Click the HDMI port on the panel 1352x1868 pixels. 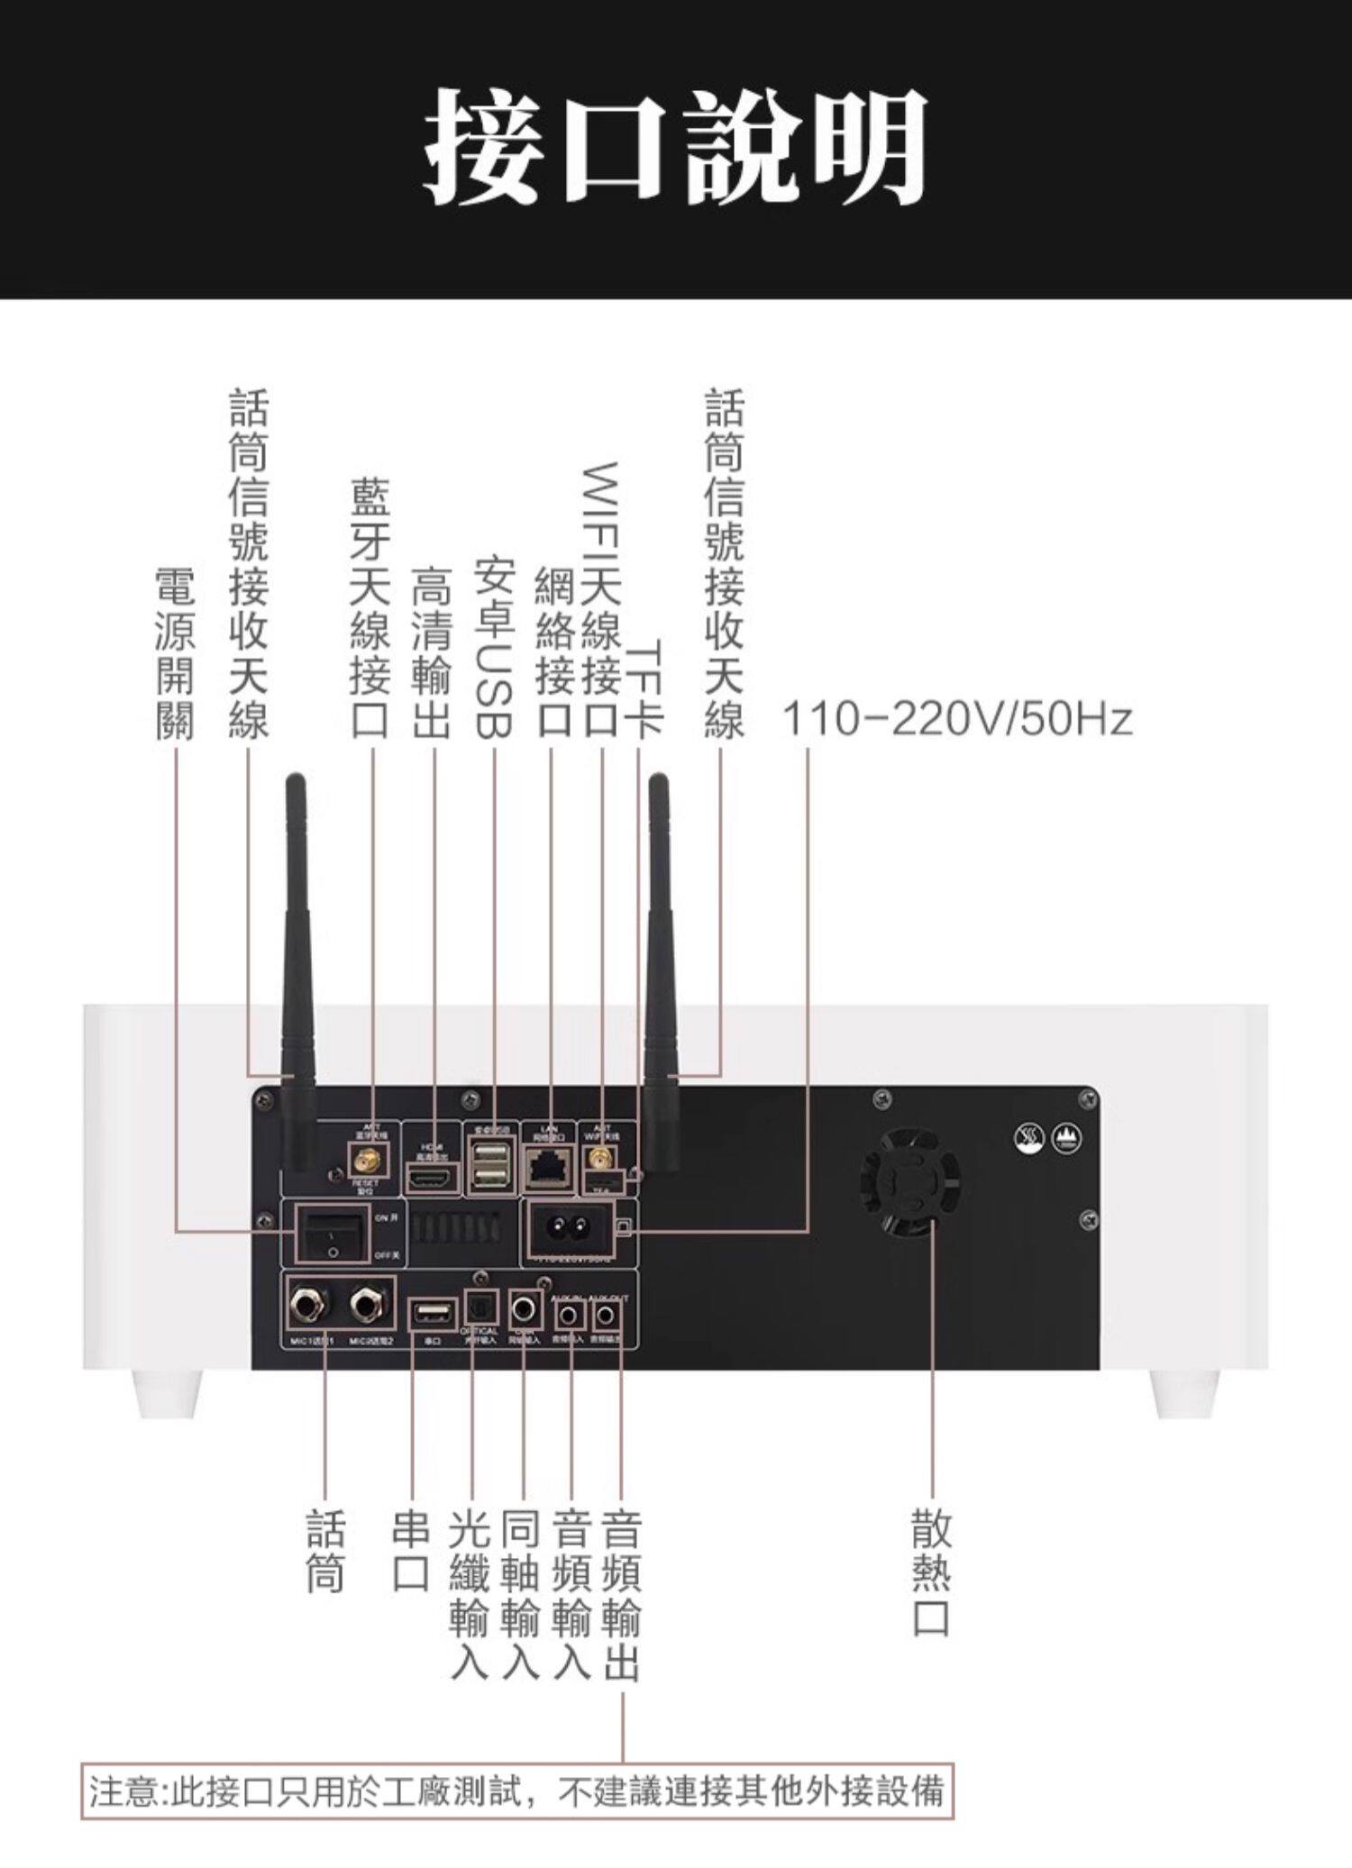(433, 1177)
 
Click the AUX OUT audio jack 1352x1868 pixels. (606, 1317)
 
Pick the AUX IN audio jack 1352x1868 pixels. (568, 1317)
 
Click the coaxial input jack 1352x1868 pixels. (525, 1308)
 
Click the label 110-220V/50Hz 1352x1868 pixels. (956, 720)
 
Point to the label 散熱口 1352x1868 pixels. (930, 1572)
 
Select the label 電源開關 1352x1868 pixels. (175, 653)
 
